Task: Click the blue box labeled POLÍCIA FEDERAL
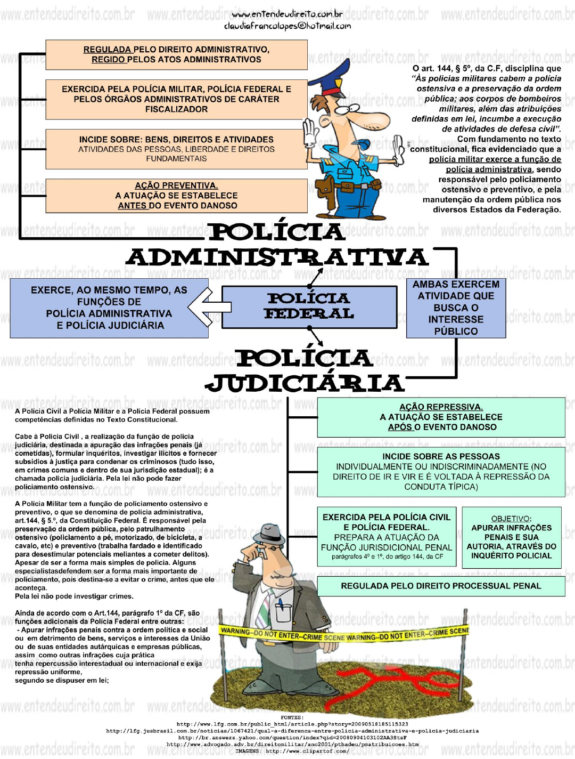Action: tap(309, 306)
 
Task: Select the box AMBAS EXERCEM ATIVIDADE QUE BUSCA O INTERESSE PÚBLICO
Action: tap(456, 308)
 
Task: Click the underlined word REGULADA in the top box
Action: tap(107, 50)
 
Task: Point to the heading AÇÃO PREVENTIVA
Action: tap(176, 185)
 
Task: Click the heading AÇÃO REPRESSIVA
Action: tap(441, 407)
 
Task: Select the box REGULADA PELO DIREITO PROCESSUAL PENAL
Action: tap(441, 586)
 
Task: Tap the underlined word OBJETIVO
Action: tap(511, 519)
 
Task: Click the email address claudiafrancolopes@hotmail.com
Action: tap(287, 26)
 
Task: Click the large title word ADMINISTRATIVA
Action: tap(277, 257)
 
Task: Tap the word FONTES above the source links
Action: tap(292, 717)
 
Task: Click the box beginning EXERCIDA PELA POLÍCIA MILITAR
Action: tap(176, 99)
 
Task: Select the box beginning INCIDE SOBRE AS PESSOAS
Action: tap(441, 472)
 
